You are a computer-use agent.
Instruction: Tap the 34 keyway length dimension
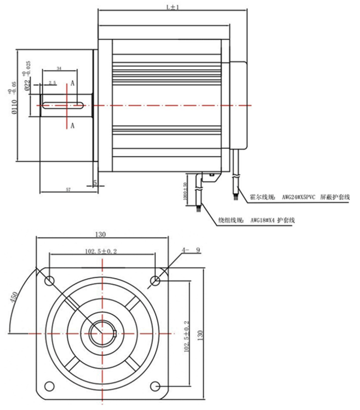[59, 68]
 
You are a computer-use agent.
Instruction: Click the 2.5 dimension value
[52, 83]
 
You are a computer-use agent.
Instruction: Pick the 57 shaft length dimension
[68, 189]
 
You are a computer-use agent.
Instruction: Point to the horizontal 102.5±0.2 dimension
[101, 250]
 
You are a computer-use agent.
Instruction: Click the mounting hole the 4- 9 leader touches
[156, 281]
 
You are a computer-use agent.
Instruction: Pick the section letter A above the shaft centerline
[72, 84]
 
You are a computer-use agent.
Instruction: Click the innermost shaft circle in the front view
[102, 332]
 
